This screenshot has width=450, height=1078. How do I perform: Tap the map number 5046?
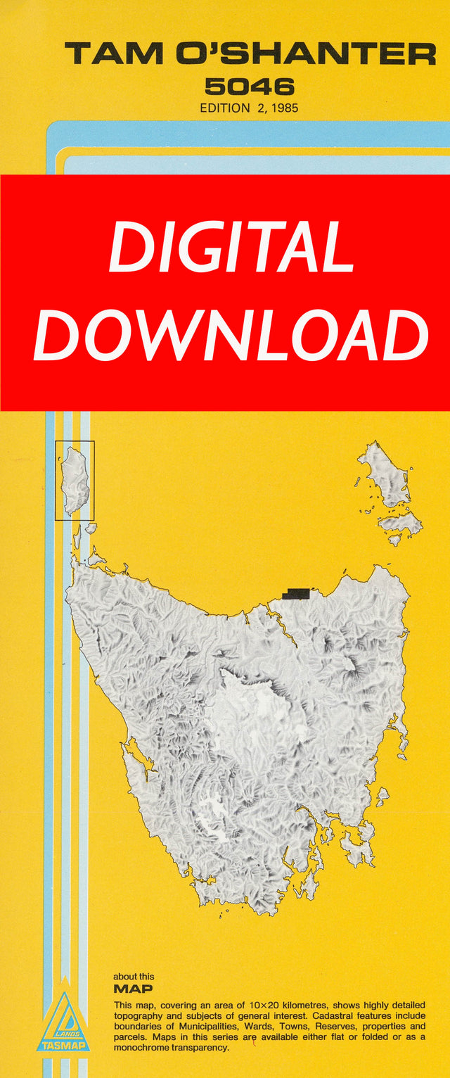point(249,87)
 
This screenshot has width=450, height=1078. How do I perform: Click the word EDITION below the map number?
point(224,108)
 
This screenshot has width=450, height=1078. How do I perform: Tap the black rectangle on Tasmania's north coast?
point(296,594)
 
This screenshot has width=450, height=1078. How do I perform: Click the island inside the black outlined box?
point(74,480)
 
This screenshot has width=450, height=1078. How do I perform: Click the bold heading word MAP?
point(133,989)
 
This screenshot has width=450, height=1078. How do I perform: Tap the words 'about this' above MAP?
point(134,977)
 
